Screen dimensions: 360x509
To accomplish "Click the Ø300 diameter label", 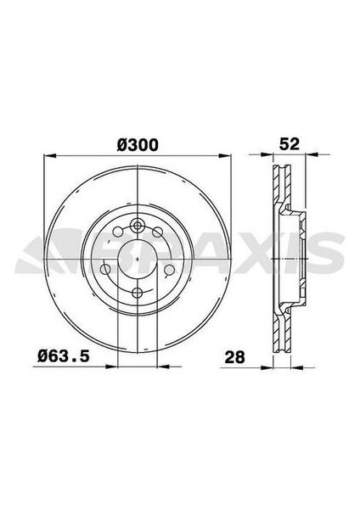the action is click(x=138, y=145).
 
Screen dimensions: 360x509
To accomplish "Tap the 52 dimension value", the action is click(x=290, y=143).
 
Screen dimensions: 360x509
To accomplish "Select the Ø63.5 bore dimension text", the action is click(x=64, y=356).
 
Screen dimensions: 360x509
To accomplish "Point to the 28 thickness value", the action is click(x=235, y=357).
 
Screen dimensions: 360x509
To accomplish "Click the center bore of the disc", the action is click(x=138, y=259).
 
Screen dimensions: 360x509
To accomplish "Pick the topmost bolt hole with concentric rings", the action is click(x=138, y=225).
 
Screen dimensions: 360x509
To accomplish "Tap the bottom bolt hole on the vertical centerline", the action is click(x=138, y=293).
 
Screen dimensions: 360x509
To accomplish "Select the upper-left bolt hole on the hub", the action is click(x=118, y=232).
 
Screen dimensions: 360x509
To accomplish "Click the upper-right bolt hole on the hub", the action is click(x=158, y=232).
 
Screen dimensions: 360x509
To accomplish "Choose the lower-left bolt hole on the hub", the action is click(x=105, y=269).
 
